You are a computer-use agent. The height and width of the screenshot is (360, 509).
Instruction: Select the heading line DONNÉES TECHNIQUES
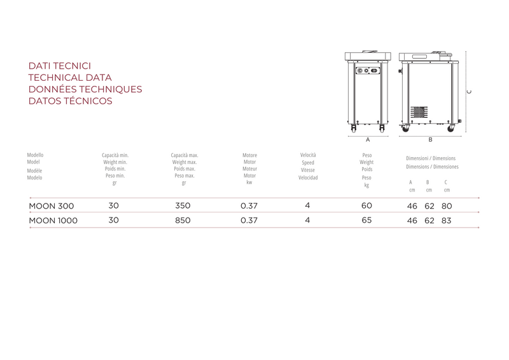(x=85, y=89)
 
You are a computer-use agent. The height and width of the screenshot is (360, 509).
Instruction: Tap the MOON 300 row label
(x=52, y=206)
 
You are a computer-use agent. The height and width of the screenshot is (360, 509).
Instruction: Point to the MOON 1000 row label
(x=53, y=221)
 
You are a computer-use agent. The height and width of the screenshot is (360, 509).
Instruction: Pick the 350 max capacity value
(x=183, y=206)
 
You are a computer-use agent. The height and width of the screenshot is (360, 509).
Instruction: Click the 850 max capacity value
(x=183, y=221)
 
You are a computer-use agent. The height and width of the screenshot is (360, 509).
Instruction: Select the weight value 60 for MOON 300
(x=366, y=206)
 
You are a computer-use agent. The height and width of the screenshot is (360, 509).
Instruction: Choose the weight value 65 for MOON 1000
(x=366, y=221)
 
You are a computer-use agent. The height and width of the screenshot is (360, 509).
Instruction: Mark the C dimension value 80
(x=447, y=206)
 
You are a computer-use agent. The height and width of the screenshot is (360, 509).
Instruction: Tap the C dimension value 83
(x=447, y=221)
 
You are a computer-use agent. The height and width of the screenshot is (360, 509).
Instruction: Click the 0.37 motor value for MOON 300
(x=249, y=206)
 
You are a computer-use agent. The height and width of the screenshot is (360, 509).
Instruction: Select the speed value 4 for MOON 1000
(x=307, y=221)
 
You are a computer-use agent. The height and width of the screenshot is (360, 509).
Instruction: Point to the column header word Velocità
(x=308, y=155)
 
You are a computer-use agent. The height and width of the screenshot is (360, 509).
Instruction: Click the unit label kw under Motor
(x=249, y=183)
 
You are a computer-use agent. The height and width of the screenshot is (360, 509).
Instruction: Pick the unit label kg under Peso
(x=366, y=185)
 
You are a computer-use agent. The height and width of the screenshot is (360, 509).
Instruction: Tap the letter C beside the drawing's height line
(x=470, y=92)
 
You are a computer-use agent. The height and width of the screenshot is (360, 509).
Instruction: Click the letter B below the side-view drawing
(x=430, y=139)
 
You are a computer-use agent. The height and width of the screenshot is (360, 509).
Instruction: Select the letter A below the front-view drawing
(x=368, y=139)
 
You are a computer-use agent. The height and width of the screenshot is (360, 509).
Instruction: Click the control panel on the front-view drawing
(x=367, y=71)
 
